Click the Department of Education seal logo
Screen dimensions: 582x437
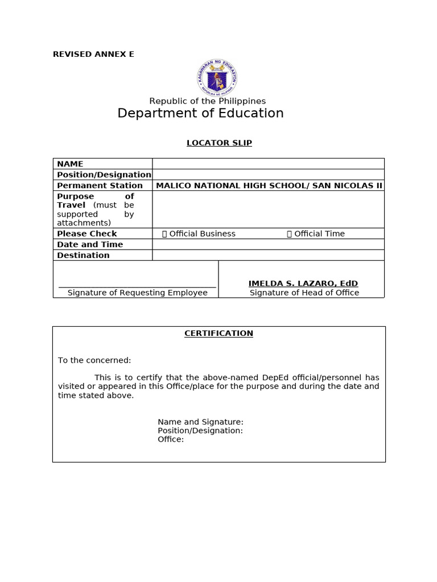[218, 77]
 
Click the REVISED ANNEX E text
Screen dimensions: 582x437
[93, 55]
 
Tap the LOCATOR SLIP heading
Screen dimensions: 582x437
[219, 143]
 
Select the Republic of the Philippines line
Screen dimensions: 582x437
[207, 101]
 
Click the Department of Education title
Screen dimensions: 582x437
[200, 113]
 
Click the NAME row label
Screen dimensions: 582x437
[70, 164]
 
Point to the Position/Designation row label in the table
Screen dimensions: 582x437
[104, 174]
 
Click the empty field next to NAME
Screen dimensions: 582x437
[268, 164]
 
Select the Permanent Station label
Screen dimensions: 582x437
[100, 185]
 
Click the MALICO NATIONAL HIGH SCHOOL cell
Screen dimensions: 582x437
[269, 185]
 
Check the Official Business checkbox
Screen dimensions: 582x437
[165, 234]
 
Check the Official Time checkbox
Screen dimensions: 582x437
[290, 234]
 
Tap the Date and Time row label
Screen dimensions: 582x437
[90, 244]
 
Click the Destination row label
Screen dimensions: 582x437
[83, 255]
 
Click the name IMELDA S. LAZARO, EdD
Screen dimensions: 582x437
[303, 283]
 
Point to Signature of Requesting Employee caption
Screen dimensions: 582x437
[137, 293]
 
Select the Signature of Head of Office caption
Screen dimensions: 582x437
[304, 293]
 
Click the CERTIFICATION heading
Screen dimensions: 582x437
[218, 333]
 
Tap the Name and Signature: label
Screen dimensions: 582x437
[200, 422]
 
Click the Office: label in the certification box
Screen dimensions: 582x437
[171, 439]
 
